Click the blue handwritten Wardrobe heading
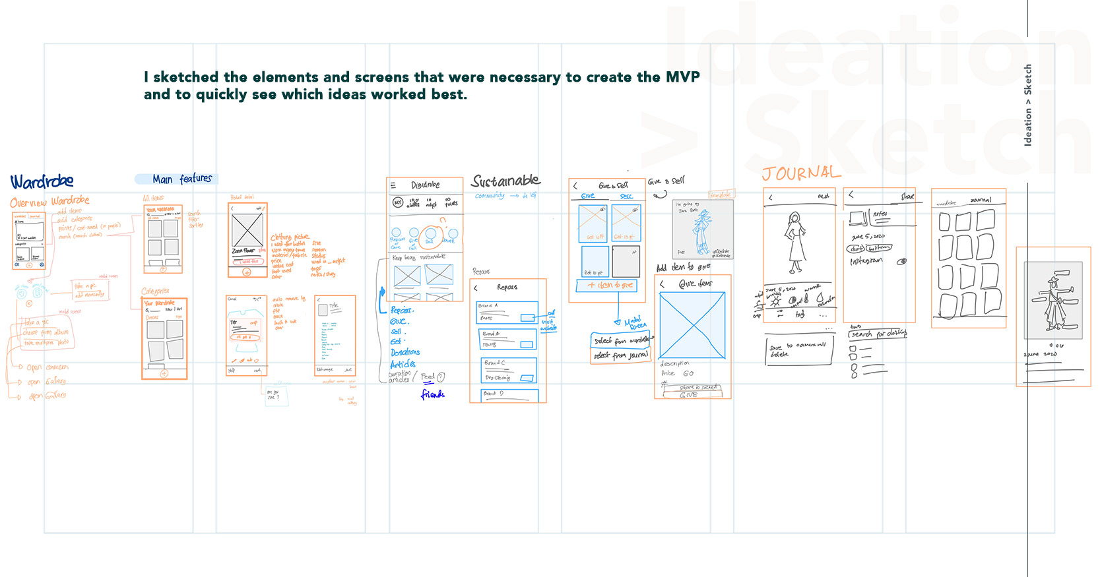[x=42, y=181]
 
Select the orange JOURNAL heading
[x=801, y=173]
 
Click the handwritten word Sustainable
[x=505, y=181]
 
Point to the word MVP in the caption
[x=682, y=77]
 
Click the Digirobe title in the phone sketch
[x=425, y=185]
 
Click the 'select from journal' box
[x=620, y=355]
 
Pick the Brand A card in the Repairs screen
[x=507, y=312]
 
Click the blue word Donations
[x=404, y=352]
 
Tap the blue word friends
[x=432, y=394]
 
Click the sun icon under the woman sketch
[x=775, y=301]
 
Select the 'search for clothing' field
[x=878, y=334]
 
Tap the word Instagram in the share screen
[x=866, y=261]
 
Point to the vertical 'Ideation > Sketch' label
[x=1027, y=105]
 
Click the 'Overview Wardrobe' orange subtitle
[x=49, y=201]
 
